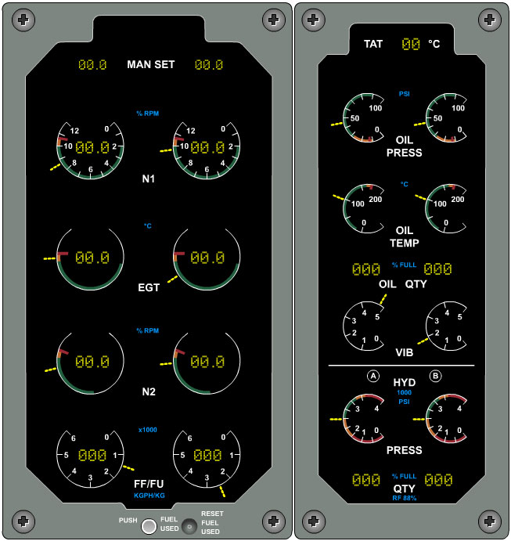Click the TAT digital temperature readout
411,44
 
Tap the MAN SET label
151,64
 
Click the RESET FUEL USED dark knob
189,526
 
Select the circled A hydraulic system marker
373,376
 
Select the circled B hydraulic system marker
436,376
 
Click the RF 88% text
404,498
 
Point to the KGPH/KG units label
149,496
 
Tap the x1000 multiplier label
148,430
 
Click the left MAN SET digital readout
92,65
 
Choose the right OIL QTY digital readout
437,269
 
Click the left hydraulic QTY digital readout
366,480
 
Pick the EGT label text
149,287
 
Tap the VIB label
404,352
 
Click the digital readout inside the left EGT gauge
92,258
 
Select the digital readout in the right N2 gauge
207,362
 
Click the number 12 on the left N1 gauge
74,131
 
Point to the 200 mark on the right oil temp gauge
458,200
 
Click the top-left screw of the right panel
313,20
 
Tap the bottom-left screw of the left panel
23,521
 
